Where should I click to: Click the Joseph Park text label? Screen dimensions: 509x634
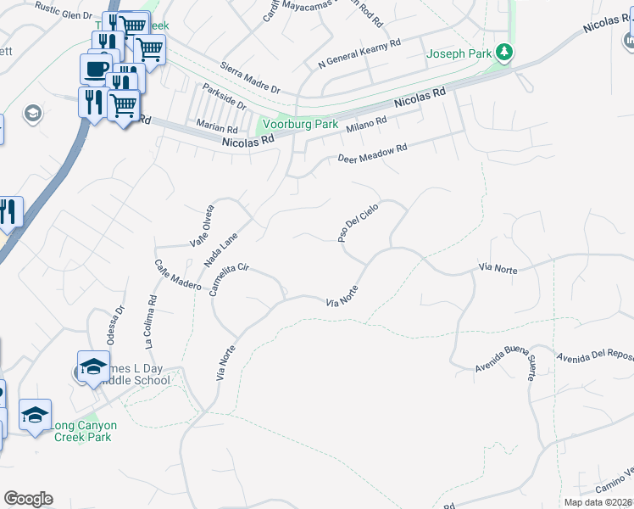459,53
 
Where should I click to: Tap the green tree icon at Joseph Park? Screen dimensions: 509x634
504,53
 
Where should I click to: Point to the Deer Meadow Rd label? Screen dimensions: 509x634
373,154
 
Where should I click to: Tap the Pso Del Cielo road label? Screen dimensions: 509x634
358,222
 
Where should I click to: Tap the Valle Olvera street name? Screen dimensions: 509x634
202,226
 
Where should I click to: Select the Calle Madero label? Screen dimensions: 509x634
177,275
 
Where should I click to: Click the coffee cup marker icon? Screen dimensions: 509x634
96,67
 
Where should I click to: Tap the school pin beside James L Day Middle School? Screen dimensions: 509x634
93,366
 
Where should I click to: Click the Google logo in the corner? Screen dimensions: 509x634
28,499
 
